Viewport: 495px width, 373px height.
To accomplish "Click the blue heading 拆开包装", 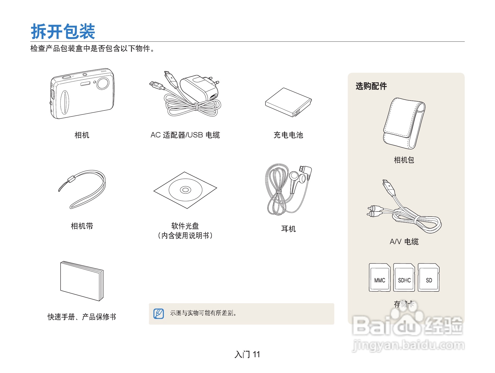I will (x=63, y=31).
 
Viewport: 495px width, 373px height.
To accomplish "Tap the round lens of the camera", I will (x=103, y=83).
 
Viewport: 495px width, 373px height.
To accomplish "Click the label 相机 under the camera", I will (x=82, y=135).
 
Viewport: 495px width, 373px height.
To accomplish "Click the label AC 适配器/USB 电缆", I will (x=185, y=135).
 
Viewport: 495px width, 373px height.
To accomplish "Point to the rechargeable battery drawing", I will (x=288, y=102).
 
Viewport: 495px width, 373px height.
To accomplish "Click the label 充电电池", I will (x=288, y=135).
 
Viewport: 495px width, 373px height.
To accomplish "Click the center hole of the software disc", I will (x=185, y=190).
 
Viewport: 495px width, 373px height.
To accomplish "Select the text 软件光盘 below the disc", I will (x=185, y=226).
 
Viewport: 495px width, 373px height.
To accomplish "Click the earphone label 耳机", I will (x=288, y=229).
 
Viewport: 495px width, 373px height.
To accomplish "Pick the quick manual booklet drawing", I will (x=81, y=281).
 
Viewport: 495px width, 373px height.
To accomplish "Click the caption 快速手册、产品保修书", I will (x=82, y=317).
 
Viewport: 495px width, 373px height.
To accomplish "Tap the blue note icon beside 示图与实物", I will (x=159, y=314).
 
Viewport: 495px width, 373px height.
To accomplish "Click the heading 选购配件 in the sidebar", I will (x=371, y=86).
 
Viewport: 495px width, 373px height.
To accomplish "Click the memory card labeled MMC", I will (x=380, y=278).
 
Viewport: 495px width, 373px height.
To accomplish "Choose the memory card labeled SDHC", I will (x=404, y=278).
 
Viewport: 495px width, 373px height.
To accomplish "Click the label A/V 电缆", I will (x=404, y=242).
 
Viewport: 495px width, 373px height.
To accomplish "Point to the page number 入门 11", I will (x=247, y=355).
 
